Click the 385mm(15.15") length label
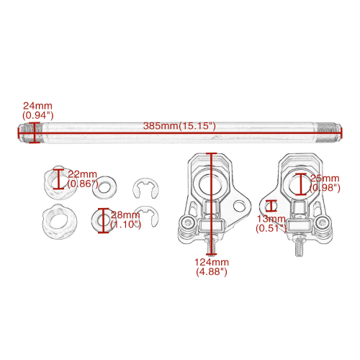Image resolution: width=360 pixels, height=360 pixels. coord(179,126)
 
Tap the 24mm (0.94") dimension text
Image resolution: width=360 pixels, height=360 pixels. coord(37,111)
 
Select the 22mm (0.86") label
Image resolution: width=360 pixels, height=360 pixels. coord(83,179)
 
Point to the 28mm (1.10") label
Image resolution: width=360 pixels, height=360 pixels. coord(125,220)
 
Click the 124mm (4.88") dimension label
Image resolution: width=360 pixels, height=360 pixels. coord(212,267)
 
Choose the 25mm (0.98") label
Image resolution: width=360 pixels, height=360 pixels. coord(325,183)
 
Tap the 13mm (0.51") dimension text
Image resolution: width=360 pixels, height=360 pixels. coord(271,223)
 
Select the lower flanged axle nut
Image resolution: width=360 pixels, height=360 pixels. coord(60,221)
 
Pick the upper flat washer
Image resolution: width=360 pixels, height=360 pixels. coord(104,187)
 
